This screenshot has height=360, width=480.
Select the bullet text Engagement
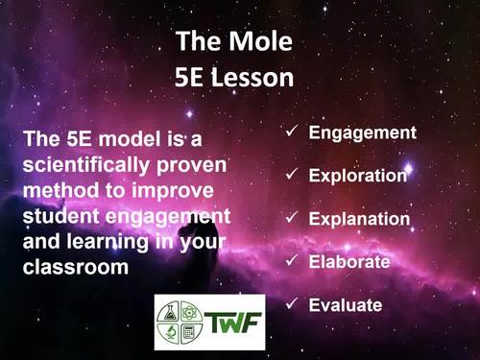pos(362,132)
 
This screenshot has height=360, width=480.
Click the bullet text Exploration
pos(358,176)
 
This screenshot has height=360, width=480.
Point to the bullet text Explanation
pos(359,219)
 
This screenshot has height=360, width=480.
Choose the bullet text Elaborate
pos(349,261)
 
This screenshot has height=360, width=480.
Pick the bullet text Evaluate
pos(346,305)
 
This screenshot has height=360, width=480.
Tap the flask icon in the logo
pos(172,310)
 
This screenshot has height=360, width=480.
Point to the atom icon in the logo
pos(193,310)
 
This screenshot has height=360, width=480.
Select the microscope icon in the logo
pos(172,333)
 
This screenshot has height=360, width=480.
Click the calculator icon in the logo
pos(193,333)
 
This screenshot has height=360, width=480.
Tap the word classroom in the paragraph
pos(75,266)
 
